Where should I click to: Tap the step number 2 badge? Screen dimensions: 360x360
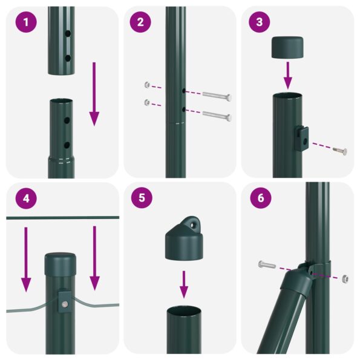(x=140, y=22)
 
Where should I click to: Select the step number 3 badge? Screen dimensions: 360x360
(x=260, y=22)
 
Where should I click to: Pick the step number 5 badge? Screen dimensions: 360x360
(x=140, y=198)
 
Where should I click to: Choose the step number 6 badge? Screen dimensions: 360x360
(x=260, y=198)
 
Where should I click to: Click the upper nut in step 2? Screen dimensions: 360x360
(x=146, y=85)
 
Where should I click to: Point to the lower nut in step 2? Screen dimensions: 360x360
(x=146, y=102)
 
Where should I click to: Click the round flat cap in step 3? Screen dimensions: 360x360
(x=288, y=47)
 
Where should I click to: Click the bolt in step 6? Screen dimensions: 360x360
(x=267, y=264)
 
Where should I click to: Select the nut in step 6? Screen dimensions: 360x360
(x=345, y=279)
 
